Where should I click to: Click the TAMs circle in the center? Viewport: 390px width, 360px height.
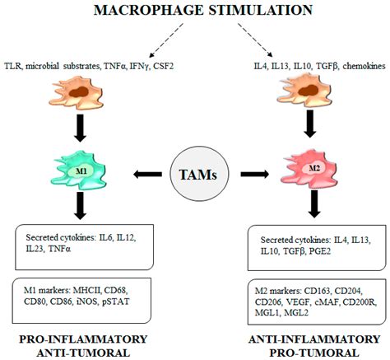pyautogui.click(x=194, y=174)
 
